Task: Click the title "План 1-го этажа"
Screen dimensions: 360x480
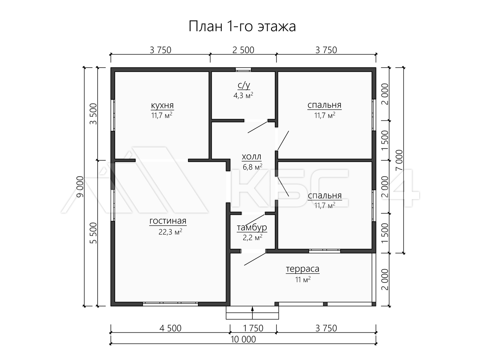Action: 242,27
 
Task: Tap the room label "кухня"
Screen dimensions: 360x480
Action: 162,105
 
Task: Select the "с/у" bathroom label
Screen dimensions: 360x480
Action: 244,85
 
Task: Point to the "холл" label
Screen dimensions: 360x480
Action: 252,156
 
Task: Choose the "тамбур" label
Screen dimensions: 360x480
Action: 252,228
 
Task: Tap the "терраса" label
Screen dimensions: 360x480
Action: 302,269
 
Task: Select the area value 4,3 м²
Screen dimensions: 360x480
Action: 244,96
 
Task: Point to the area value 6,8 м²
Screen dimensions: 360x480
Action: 252,166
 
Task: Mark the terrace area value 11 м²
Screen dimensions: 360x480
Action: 303,280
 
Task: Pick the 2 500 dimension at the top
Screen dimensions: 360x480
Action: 243,50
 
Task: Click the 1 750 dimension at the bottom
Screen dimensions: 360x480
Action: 253,328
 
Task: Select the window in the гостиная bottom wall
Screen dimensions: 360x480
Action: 170,304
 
